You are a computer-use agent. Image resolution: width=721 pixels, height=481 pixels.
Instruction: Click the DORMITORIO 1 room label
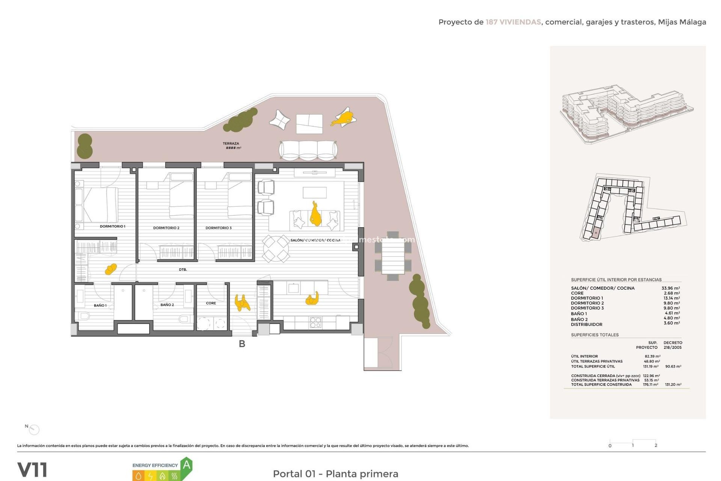[112, 227]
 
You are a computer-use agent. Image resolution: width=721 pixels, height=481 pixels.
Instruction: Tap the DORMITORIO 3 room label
[218, 228]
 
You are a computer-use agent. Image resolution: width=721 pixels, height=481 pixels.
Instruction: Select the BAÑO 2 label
[167, 305]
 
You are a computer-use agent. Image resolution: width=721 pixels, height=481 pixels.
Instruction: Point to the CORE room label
[211, 303]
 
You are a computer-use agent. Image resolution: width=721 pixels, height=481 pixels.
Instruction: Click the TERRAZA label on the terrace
[231, 144]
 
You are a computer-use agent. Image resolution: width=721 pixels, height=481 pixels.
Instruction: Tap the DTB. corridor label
[183, 270]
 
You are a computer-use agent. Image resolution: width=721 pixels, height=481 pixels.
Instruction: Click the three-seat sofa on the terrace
[308, 151]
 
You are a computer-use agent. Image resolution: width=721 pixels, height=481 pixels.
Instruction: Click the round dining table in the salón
[276, 248]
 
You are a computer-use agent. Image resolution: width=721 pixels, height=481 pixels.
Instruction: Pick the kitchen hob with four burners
[315, 322]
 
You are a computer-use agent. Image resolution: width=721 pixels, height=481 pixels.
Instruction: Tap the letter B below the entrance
[242, 344]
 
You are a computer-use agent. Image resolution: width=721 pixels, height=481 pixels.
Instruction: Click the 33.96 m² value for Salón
[671, 288]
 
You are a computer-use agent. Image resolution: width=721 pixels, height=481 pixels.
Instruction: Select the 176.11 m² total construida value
[650, 385]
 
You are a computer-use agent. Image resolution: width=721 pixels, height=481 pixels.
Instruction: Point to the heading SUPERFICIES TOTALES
[595, 335]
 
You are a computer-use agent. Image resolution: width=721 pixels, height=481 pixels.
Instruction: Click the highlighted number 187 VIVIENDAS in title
[513, 22]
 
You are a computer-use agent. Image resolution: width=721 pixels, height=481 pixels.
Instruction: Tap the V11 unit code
[32, 470]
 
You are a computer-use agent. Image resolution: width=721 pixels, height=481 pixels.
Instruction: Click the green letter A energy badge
[187, 466]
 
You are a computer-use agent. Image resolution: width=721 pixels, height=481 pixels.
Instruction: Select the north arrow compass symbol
[34, 430]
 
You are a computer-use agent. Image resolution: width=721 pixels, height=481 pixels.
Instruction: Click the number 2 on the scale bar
[656, 445]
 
